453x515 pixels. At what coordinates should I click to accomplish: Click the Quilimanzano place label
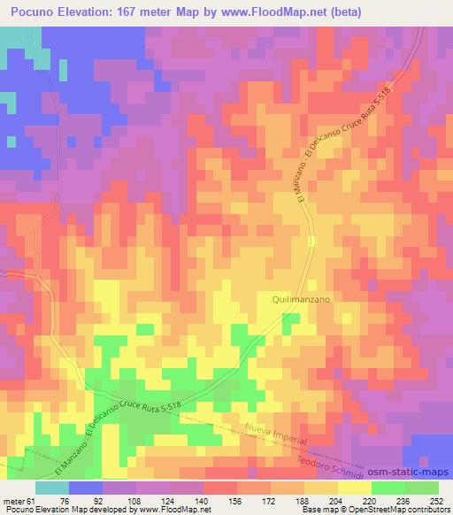click(300, 301)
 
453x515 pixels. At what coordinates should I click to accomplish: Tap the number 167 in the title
click(138, 11)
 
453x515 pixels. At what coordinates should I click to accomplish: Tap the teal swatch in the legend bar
click(52, 487)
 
